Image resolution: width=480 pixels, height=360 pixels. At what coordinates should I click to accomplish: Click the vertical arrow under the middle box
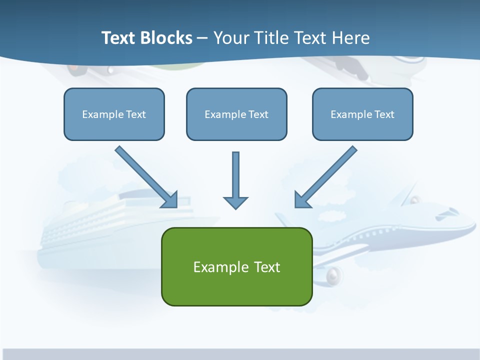[235, 175]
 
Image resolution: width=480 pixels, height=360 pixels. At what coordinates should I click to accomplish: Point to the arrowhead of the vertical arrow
[235, 202]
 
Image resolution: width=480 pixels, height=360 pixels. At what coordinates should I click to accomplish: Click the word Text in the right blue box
[384, 114]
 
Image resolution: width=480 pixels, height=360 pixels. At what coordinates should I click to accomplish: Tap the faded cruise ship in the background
[100, 230]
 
